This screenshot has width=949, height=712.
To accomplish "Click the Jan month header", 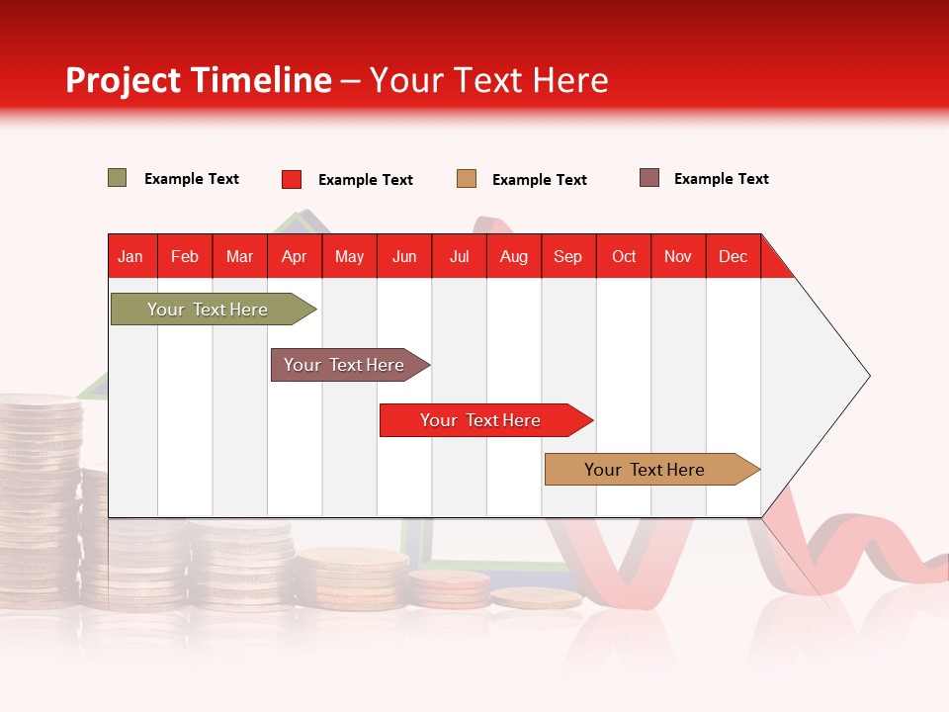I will click(131, 256).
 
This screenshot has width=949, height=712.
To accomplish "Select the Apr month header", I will click(295, 256).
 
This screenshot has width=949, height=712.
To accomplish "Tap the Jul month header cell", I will click(459, 256).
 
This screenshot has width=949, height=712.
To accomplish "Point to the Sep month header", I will click(568, 256).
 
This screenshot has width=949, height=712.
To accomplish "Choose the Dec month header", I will click(733, 256).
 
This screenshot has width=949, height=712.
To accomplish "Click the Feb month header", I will click(185, 256).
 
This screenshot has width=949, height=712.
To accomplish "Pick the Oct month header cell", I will click(624, 256).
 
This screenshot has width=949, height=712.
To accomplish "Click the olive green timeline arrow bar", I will click(209, 310).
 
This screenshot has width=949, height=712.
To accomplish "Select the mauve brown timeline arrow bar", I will click(345, 365).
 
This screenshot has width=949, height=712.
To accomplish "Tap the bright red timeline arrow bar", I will click(481, 420).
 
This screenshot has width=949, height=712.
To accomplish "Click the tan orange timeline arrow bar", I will click(646, 470).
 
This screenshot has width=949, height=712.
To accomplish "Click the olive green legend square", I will click(118, 178).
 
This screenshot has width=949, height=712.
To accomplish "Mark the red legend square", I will click(292, 179).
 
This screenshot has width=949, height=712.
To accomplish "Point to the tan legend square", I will click(467, 179).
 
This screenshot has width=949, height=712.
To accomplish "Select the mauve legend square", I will click(649, 178).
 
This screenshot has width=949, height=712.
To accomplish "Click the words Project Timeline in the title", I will click(199, 80).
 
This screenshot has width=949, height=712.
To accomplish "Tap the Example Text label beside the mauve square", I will click(721, 179).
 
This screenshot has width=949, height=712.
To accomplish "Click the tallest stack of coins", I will click(40, 494).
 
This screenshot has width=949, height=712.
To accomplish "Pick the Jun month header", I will click(404, 256).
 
